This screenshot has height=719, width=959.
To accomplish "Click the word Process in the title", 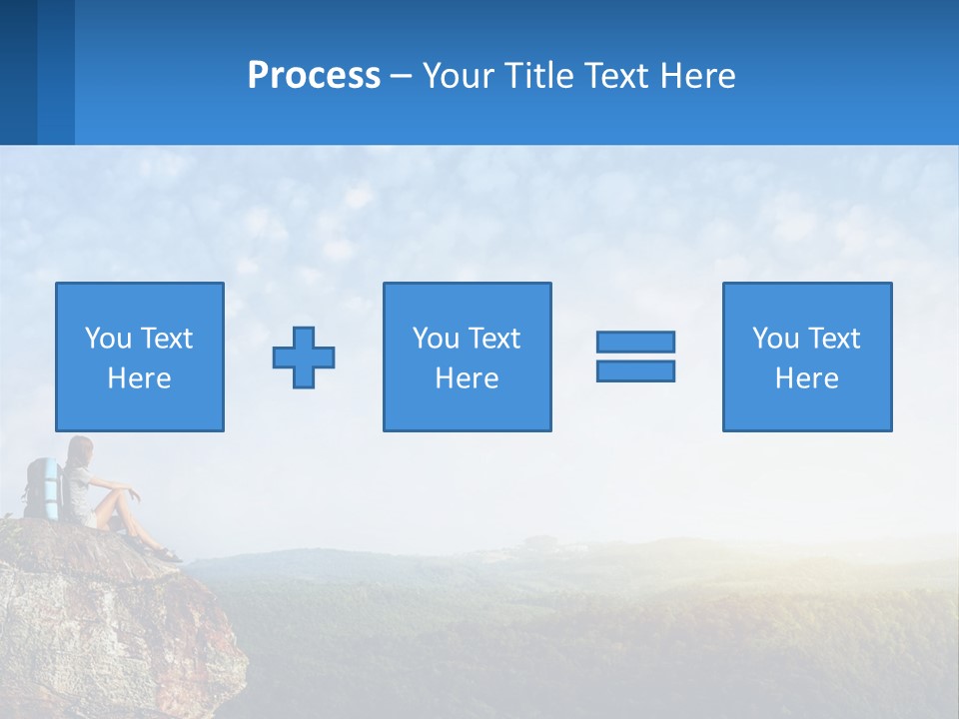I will pyautogui.click(x=314, y=76).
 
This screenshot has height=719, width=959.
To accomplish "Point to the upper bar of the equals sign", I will pyautogui.click(x=635, y=342).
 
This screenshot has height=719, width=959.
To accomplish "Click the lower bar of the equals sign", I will pyautogui.click(x=635, y=370).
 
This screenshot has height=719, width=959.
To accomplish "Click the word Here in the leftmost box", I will pyautogui.click(x=139, y=378).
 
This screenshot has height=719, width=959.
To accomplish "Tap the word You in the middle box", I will pyautogui.click(x=436, y=339).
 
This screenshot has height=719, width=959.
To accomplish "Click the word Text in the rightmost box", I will pyautogui.click(x=835, y=339).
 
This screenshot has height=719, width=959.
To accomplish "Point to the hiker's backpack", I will pyautogui.click(x=42, y=487).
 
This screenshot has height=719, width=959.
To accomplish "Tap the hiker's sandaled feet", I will pyautogui.click(x=165, y=552).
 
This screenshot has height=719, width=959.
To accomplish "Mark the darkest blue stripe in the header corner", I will pyautogui.click(x=18, y=72).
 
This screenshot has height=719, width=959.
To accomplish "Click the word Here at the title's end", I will pyautogui.click(x=697, y=76).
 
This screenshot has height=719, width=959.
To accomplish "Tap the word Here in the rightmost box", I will pyautogui.click(x=806, y=378).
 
